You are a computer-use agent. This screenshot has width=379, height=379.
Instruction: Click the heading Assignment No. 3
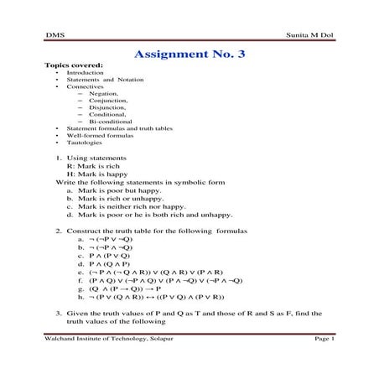[189, 55]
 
